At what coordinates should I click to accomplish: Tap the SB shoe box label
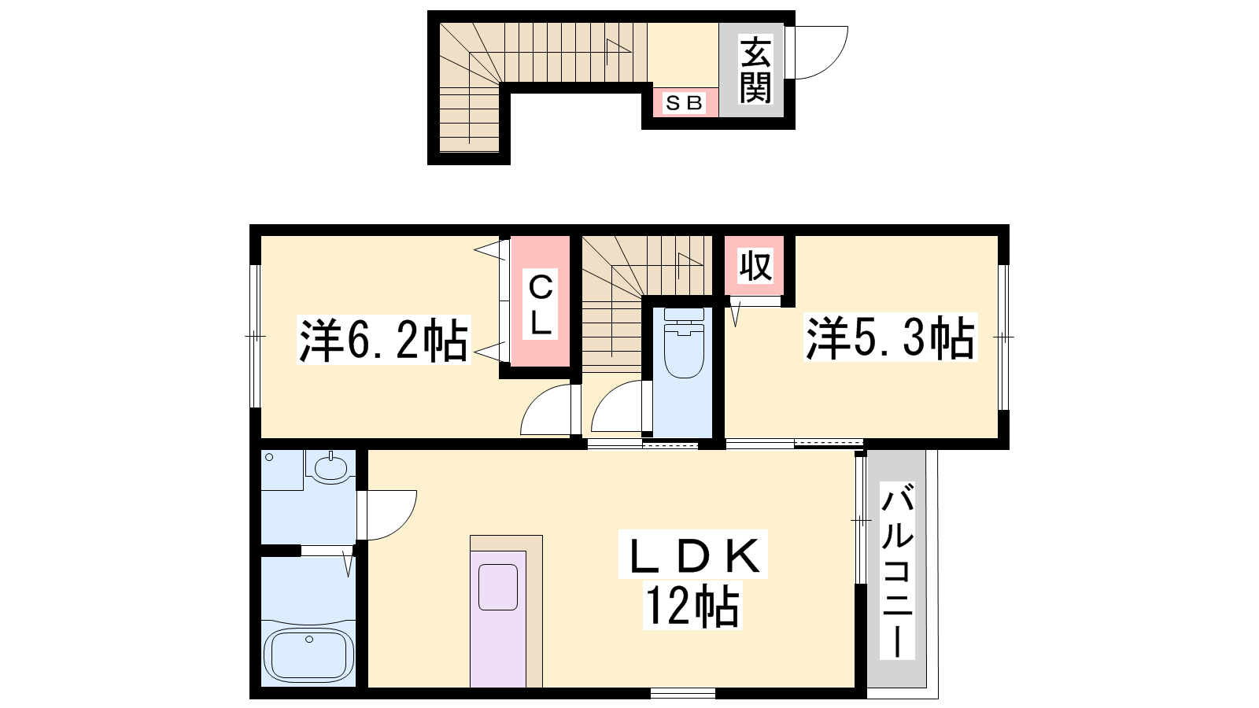684,103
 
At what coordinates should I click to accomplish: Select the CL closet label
540,304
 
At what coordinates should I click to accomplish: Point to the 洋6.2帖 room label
383,340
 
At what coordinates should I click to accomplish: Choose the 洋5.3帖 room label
890,337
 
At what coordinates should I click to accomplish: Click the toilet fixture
684,343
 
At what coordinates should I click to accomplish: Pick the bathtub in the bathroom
308,654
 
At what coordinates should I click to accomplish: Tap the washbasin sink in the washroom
330,467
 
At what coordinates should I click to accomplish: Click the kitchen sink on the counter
497,587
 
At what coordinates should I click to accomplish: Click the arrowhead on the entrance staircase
618,46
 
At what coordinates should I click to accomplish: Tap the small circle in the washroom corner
269,457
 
